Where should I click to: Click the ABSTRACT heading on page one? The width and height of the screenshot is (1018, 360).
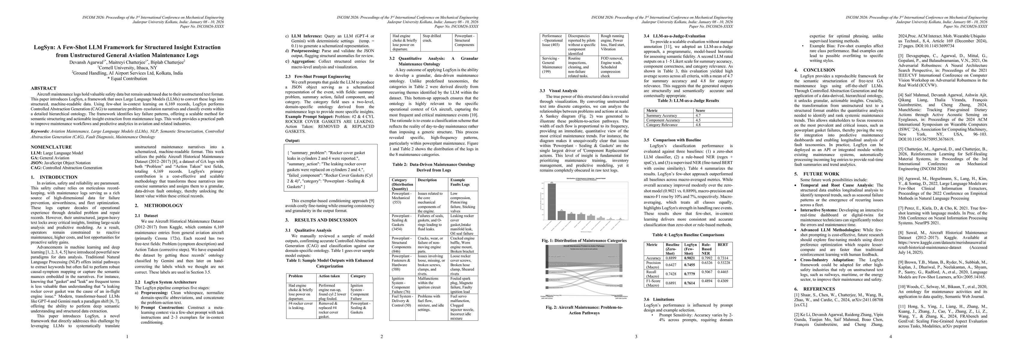tap(44, 88)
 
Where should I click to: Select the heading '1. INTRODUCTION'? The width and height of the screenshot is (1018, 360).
tap(54, 177)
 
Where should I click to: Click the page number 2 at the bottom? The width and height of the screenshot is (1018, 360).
tap(381, 337)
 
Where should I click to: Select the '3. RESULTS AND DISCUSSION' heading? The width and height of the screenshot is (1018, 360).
tap(321, 220)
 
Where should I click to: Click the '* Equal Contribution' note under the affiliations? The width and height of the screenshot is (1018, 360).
tap(127, 79)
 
